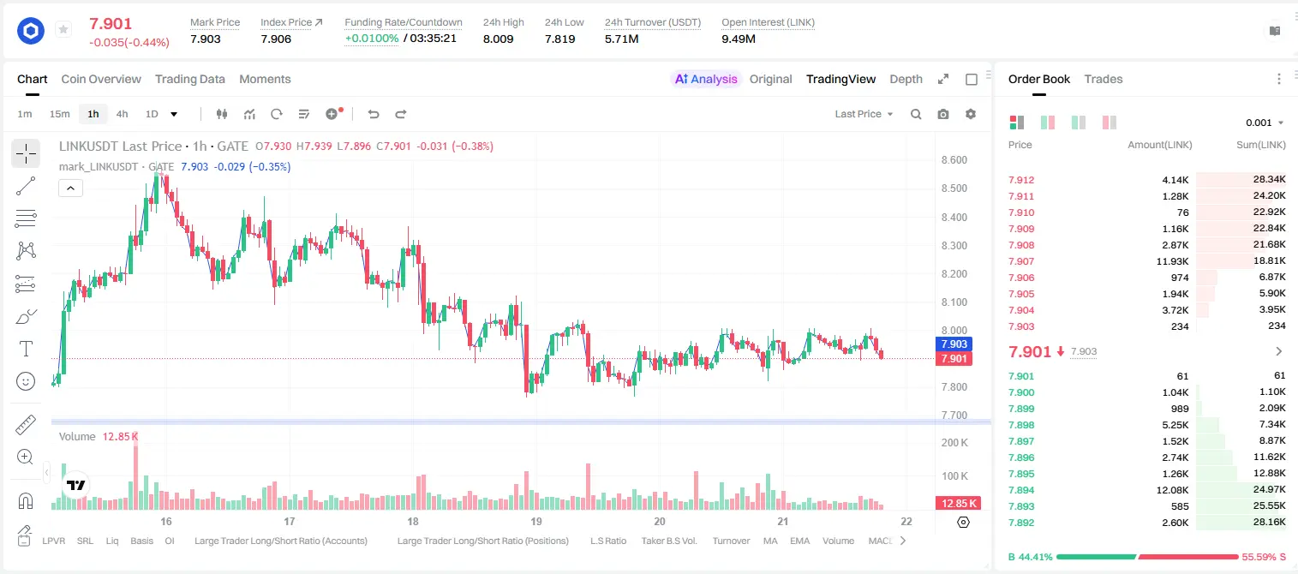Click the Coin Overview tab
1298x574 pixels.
coord(101,79)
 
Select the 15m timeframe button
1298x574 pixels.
coord(59,114)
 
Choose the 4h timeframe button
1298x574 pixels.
coord(122,114)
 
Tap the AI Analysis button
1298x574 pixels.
coord(706,79)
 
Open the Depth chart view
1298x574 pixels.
coord(906,79)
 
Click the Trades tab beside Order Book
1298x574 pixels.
coord(1104,79)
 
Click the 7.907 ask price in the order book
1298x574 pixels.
coord(1021,261)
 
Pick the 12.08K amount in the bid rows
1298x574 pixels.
coord(1172,490)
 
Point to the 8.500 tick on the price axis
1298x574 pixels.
coord(954,188)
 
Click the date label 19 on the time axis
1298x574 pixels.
coord(536,521)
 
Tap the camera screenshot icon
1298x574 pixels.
coord(943,114)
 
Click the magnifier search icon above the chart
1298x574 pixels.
coord(916,114)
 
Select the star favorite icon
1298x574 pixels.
coord(63,29)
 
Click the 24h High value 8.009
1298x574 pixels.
coord(499,39)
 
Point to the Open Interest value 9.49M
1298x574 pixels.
coord(739,39)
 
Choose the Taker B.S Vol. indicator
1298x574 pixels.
coord(668,541)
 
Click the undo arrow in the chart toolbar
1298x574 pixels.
coord(374,114)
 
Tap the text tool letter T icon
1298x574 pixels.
coord(26,349)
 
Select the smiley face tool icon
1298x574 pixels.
coord(26,381)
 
